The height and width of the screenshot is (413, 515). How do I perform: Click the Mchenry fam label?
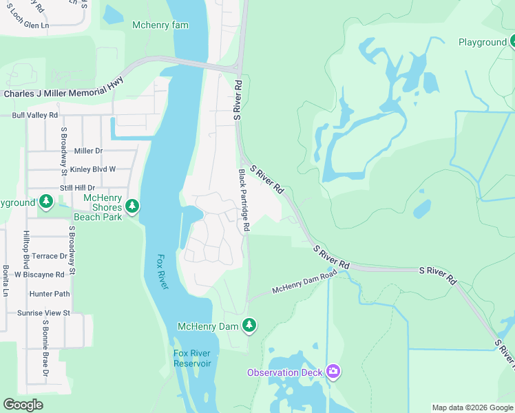click(160, 25)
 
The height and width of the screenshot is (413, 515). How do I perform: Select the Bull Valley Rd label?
click(34, 115)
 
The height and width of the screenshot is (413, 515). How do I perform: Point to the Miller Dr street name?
click(88, 151)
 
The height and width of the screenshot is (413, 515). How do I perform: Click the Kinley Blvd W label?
click(93, 169)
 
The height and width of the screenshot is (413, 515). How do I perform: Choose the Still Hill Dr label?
click(77, 187)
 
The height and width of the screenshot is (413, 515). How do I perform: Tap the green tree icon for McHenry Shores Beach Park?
click(133, 206)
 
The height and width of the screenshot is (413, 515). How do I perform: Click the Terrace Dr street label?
click(50, 255)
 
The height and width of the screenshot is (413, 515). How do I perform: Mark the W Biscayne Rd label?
click(39, 274)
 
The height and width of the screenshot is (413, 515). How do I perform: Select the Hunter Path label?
click(50, 293)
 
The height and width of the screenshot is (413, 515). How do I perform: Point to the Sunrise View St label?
click(43, 313)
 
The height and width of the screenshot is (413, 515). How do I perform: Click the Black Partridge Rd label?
click(244, 200)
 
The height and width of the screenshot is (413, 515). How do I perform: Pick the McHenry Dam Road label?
click(304, 282)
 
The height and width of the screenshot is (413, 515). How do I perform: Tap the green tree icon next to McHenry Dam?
click(249, 326)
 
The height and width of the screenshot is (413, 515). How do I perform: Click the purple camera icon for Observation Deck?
click(333, 372)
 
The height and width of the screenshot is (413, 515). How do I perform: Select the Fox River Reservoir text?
click(192, 359)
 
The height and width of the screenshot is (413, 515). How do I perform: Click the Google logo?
click(23, 404)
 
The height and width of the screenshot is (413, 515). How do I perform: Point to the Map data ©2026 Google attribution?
click(472, 407)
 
